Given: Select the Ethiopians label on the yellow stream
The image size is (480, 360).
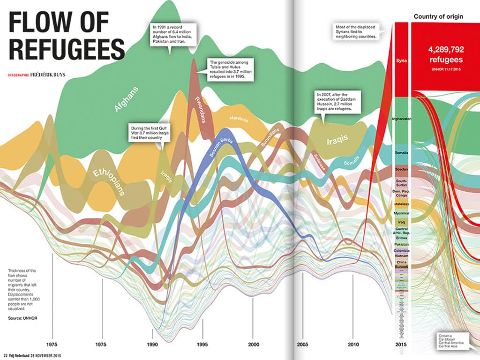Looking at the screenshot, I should tap(108, 180).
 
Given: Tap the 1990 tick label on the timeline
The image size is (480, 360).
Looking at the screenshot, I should tap(152, 344).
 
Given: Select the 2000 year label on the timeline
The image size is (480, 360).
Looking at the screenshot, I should tap(253, 344).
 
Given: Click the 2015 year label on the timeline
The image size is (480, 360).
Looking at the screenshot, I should tap(402, 344).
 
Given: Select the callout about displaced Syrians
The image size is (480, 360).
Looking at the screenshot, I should tap(356, 32).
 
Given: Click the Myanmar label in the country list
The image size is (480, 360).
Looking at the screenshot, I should tap(402, 213).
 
